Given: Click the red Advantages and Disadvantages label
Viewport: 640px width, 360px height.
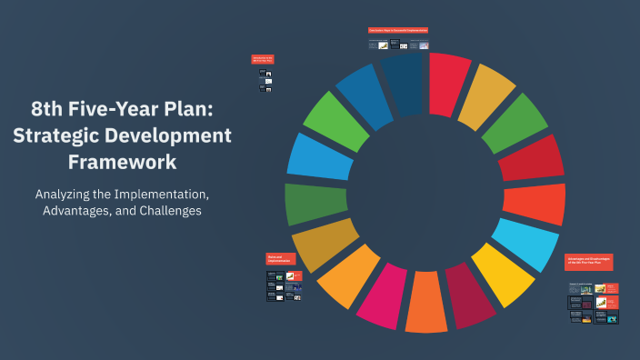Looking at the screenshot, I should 589,262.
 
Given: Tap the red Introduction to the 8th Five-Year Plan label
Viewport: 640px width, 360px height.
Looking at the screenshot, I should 263,60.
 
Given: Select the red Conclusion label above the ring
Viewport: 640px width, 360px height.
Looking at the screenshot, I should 398,30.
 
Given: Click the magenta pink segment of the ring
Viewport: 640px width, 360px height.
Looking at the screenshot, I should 381,295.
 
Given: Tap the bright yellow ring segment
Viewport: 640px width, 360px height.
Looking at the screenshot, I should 502,275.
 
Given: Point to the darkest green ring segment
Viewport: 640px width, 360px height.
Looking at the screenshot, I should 315,203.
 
